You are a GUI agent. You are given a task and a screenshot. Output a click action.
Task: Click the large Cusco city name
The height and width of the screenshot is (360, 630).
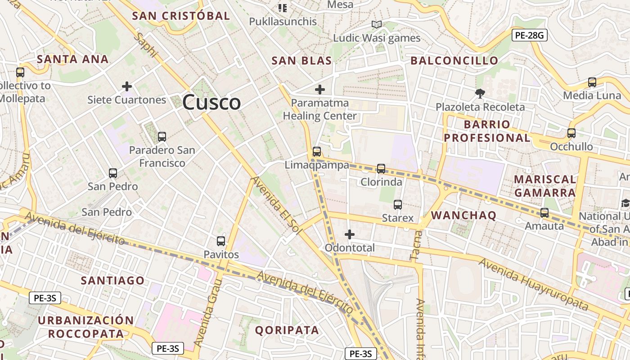click(211, 102)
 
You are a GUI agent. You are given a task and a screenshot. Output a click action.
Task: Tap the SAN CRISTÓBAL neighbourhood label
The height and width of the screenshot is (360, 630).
click(181, 16)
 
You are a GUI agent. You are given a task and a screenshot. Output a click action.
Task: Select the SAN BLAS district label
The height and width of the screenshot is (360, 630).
click(301, 61)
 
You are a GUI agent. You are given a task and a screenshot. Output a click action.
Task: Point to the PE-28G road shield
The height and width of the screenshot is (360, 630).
click(529, 35)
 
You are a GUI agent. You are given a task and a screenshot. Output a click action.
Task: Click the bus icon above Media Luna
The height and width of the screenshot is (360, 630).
click(592, 82)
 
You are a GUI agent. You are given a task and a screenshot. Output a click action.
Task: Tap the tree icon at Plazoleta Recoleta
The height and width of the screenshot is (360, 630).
click(480, 94)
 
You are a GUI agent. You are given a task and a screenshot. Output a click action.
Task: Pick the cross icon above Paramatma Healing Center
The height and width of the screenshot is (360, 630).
click(320, 90)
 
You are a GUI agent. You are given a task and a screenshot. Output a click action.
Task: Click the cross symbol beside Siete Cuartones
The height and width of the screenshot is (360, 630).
click(127, 86)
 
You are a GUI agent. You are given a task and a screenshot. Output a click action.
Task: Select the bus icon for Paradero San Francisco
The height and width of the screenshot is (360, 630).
click(162, 136)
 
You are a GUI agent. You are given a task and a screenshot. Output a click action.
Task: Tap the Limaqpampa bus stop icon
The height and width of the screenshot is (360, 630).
click(317, 152)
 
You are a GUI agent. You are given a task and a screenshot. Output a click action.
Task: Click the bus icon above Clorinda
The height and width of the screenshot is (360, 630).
click(381, 169)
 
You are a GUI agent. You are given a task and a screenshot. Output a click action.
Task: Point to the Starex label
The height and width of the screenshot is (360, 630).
click(397, 218)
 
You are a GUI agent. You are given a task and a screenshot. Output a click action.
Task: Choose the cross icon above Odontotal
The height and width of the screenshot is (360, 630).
click(349, 234)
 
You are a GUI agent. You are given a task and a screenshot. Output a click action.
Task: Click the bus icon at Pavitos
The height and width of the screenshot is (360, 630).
click(221, 241)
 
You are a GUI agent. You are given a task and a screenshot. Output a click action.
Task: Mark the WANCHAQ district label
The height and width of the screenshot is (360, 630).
click(463, 216)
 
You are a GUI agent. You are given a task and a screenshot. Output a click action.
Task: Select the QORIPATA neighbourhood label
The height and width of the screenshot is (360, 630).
click(287, 330)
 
